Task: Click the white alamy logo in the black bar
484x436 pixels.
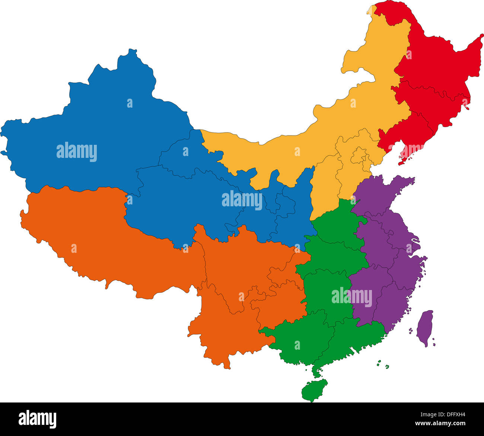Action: (x=37, y=419)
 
